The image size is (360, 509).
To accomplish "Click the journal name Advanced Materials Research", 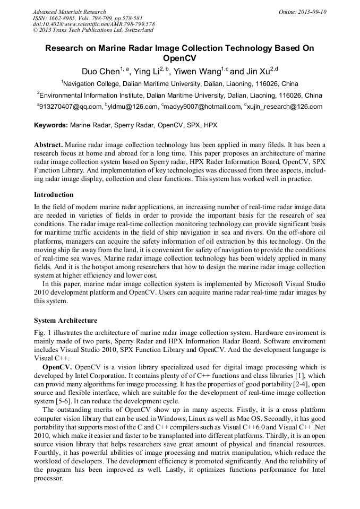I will pyautogui.click(x=69, y=12).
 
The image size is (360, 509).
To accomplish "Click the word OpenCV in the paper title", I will pyautogui.click(x=179, y=58).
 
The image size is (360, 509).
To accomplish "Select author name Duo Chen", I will pyautogui.click(x=100, y=72).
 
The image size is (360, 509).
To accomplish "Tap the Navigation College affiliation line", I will pyautogui.click(x=179, y=84).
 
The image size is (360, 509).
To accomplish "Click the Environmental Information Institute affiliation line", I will pyautogui.click(x=179, y=96).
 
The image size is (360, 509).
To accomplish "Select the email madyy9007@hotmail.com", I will pyautogui.click(x=202, y=107).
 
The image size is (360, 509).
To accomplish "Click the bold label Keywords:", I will pyautogui.click(x=51, y=126).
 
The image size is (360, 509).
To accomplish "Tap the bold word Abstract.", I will pyautogui.click(x=48, y=145).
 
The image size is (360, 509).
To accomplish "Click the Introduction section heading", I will pyautogui.click(x=54, y=195).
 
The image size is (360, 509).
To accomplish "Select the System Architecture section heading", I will pyautogui.click(x=65, y=321).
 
